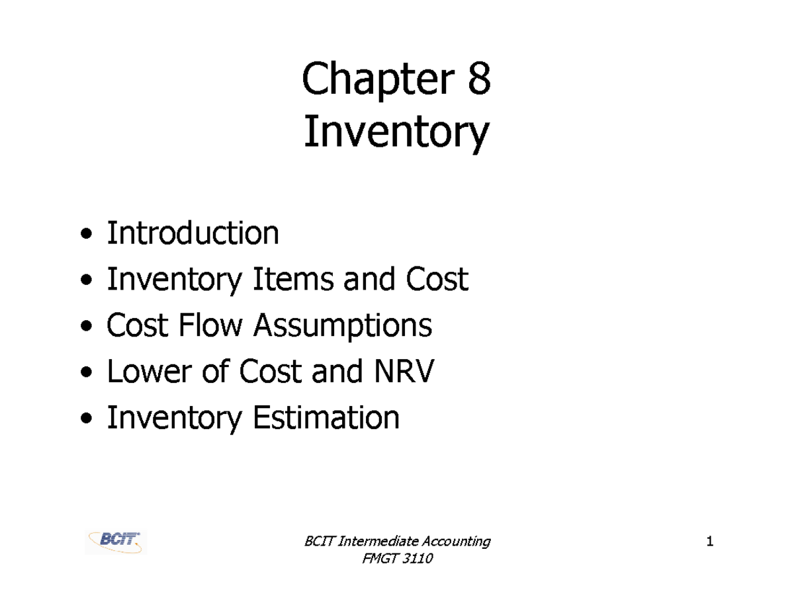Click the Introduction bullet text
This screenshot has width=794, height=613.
pyautogui.click(x=193, y=233)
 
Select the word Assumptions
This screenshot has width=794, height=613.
pyautogui.click(x=343, y=326)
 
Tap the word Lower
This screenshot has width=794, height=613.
pyautogui.click(x=147, y=372)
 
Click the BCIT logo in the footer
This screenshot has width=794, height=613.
pyautogui.click(x=116, y=542)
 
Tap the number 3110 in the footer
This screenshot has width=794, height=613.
pyautogui.click(x=416, y=560)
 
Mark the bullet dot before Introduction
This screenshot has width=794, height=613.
pyautogui.click(x=86, y=235)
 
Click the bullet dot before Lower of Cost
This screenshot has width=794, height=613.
pyautogui.click(x=86, y=374)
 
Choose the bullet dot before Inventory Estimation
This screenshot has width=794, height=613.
pyautogui.click(x=86, y=419)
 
